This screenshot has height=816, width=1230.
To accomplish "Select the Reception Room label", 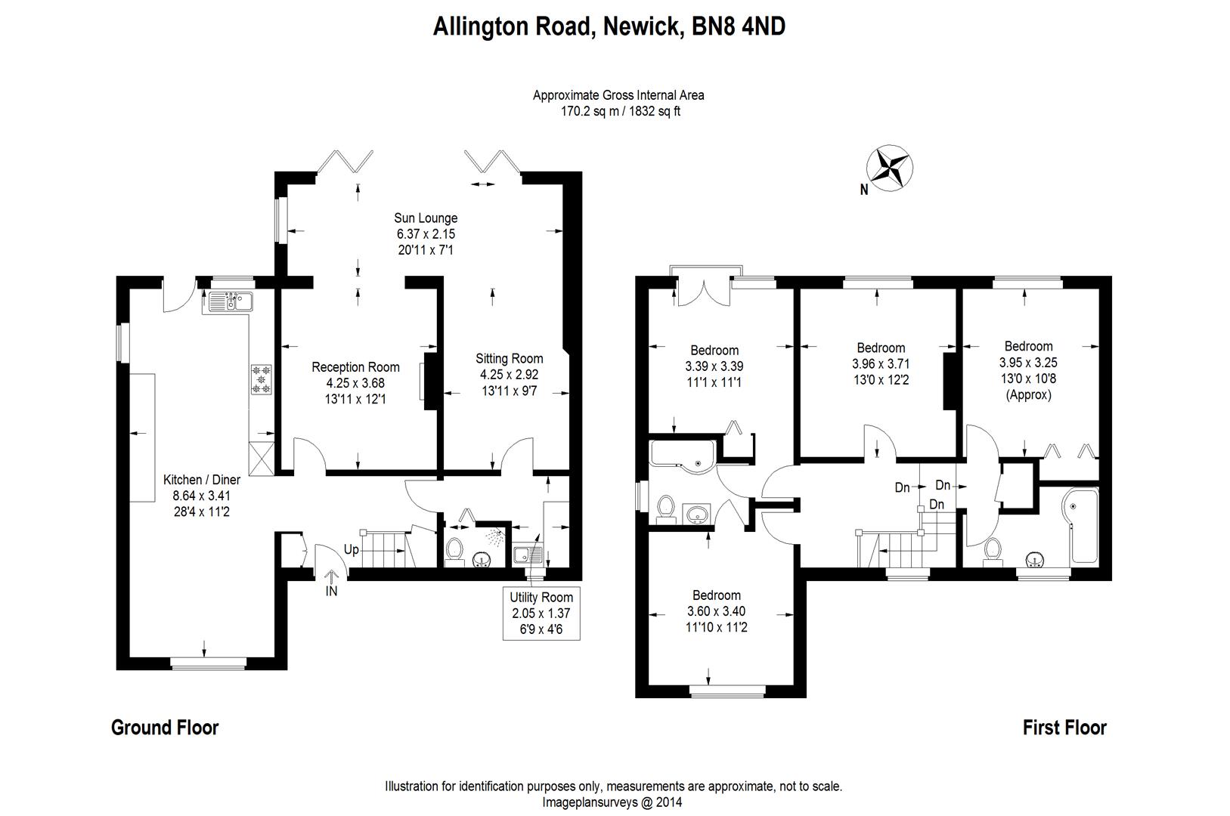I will [355, 367].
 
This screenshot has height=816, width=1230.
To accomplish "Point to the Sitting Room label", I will [509, 358].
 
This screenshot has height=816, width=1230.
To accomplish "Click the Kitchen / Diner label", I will [202, 480].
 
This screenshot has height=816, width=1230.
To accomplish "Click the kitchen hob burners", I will [261, 379].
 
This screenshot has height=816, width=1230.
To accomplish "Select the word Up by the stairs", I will [352, 549].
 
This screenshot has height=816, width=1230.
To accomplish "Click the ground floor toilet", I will [454, 549].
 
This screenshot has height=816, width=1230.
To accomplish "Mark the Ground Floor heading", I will [165, 728].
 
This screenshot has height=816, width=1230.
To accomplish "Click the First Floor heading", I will [1064, 728].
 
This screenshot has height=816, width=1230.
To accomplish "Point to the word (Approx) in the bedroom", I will [1029, 394].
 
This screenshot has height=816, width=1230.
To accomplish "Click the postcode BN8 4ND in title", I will [739, 27].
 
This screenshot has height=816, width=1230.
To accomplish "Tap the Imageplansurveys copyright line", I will [612, 802].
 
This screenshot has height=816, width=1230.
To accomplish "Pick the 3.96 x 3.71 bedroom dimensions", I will [881, 363].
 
